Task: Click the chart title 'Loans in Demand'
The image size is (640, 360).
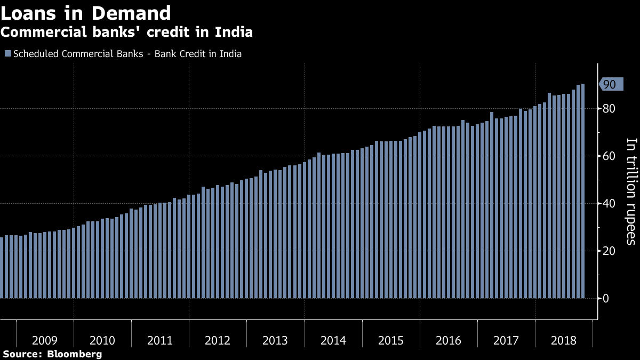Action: click(x=85, y=13)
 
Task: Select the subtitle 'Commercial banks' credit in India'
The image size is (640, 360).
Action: click(x=126, y=32)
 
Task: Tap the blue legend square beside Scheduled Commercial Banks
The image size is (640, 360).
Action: click(x=7, y=53)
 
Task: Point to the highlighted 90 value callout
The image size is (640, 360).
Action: click(x=610, y=84)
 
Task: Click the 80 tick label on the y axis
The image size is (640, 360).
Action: click(x=609, y=109)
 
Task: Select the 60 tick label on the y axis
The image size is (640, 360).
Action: click(x=609, y=156)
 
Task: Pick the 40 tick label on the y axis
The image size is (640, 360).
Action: click(x=609, y=203)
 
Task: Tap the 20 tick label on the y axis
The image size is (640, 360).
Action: click(x=609, y=251)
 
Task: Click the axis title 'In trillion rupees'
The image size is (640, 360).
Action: click(x=631, y=191)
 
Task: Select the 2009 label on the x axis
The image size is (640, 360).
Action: click(x=45, y=340)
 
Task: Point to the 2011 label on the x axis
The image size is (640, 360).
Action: click(x=160, y=340)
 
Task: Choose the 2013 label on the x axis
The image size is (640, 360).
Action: click(x=275, y=340)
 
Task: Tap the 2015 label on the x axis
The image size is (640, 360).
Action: click(x=391, y=340)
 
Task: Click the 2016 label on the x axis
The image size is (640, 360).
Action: click(x=449, y=340)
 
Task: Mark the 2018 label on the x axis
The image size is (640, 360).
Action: click(x=564, y=340)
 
